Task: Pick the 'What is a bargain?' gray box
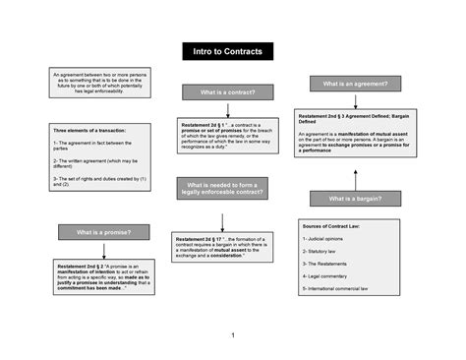coord(355,199)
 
